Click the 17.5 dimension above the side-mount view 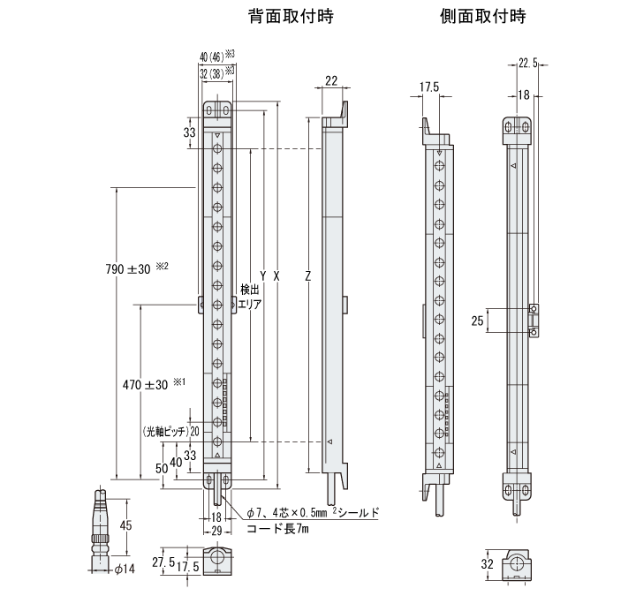[429, 87]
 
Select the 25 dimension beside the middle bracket [478, 321]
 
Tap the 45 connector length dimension [125, 525]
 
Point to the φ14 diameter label [124, 570]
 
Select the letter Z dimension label [307, 275]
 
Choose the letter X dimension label [276, 275]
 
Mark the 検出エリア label [250, 296]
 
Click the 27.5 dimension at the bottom [162, 562]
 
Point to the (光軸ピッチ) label [164, 432]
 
